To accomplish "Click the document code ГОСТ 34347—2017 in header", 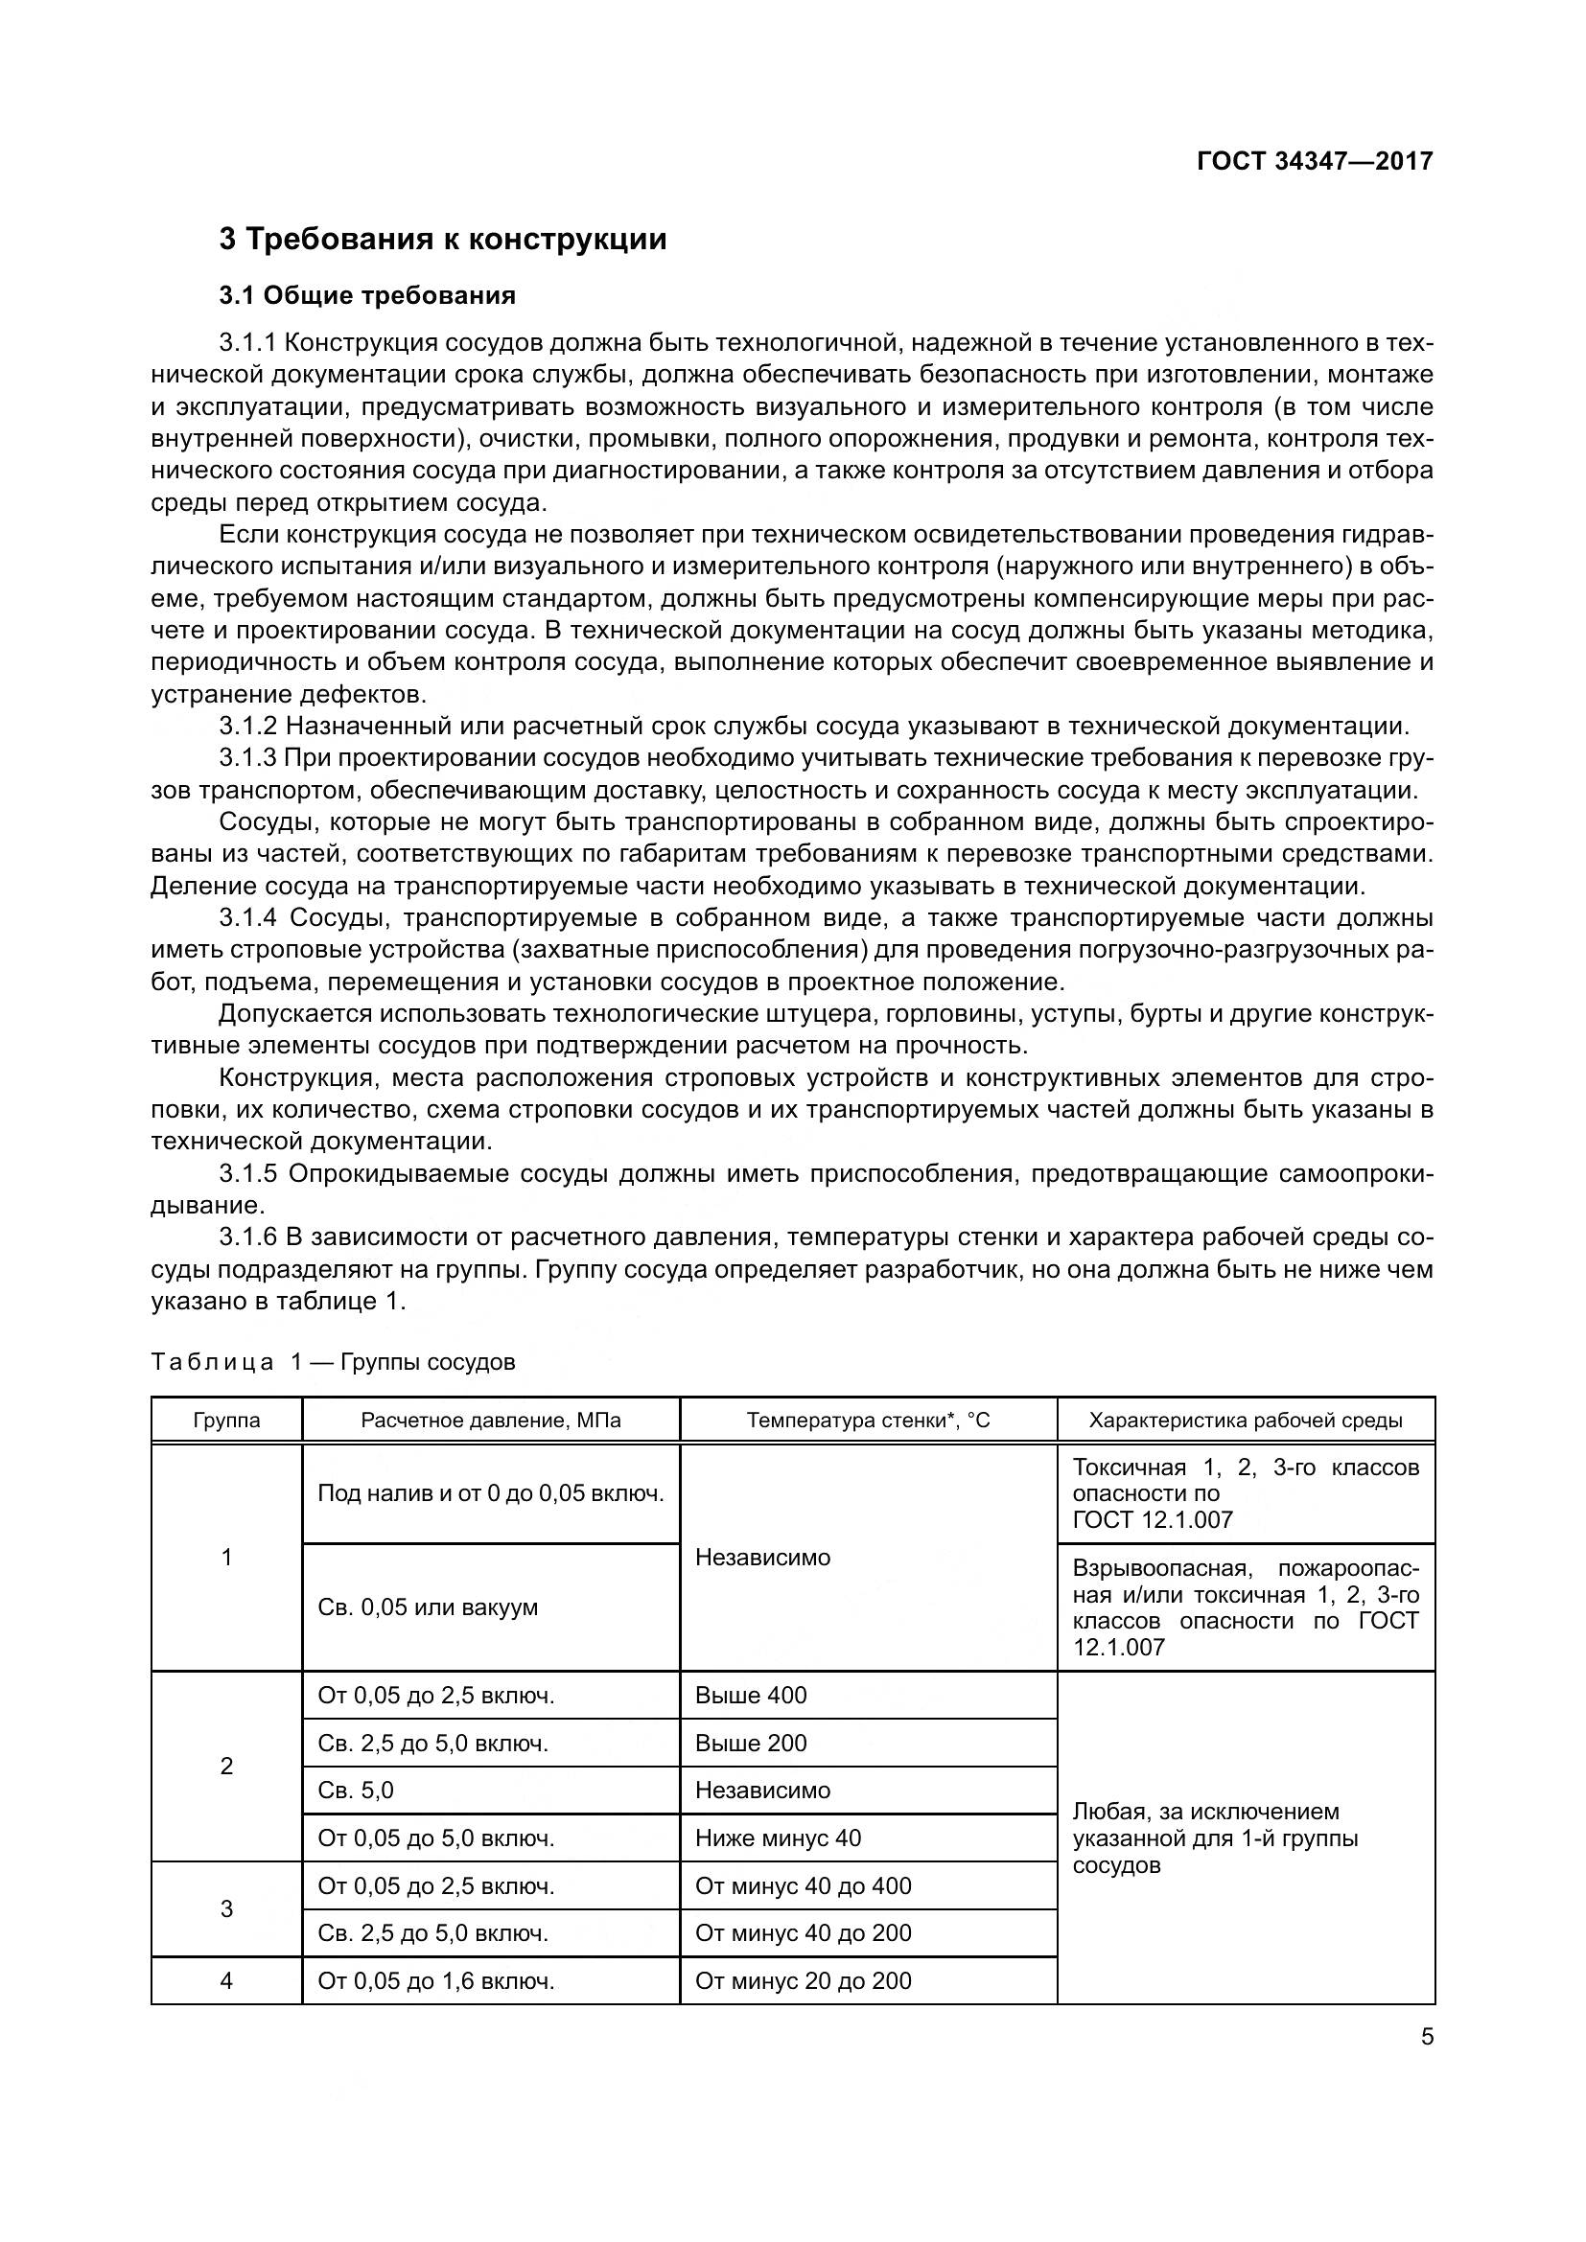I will tap(1315, 161).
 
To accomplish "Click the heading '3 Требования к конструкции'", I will tap(442, 240).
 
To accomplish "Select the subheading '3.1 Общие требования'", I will tap(367, 295).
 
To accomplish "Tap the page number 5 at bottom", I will tap(1427, 2037).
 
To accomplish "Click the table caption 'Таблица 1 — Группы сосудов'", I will tap(333, 1362).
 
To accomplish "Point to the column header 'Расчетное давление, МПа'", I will tap(490, 1420).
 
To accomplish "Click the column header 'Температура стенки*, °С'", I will tap(868, 1420).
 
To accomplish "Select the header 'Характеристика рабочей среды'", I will tap(1246, 1420).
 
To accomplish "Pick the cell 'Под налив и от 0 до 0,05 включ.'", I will tap(490, 1494).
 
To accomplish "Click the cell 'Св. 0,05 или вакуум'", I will tap(428, 1607).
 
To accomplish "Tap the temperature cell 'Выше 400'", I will tap(751, 1696).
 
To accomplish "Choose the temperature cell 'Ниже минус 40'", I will tap(778, 1838).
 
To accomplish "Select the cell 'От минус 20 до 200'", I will tap(803, 1980).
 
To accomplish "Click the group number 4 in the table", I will tap(226, 1980).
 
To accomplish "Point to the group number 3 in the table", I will tap(226, 1909).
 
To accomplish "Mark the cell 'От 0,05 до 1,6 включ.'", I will tap(435, 1980).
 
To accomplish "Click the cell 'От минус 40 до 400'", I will tap(803, 1885).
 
